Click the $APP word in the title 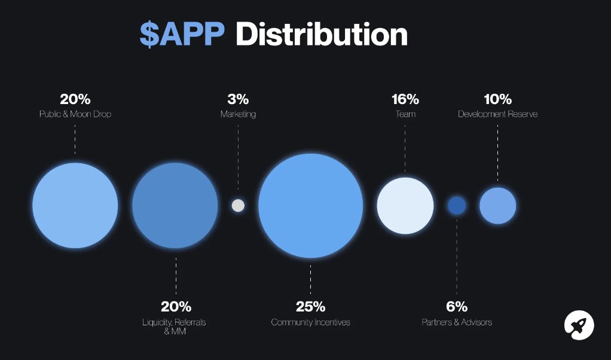tap(182, 34)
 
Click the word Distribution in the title tap(321, 34)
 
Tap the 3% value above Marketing tap(238, 99)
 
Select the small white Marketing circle tap(238, 205)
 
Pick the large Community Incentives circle tap(310, 205)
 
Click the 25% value tap(310, 307)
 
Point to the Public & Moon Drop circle tap(75, 205)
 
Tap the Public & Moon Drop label tap(75, 114)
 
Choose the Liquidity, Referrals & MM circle tap(175, 205)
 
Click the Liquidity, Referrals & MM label tap(174, 327)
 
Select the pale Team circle tap(405, 205)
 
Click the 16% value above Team tap(405, 99)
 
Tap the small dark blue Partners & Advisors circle tap(457, 205)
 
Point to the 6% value tap(457, 307)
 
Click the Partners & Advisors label tap(457, 322)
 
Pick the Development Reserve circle tap(497, 205)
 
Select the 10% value tap(497, 99)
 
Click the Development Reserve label tap(497, 114)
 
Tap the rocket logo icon tap(579, 326)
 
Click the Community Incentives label tap(310, 322)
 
